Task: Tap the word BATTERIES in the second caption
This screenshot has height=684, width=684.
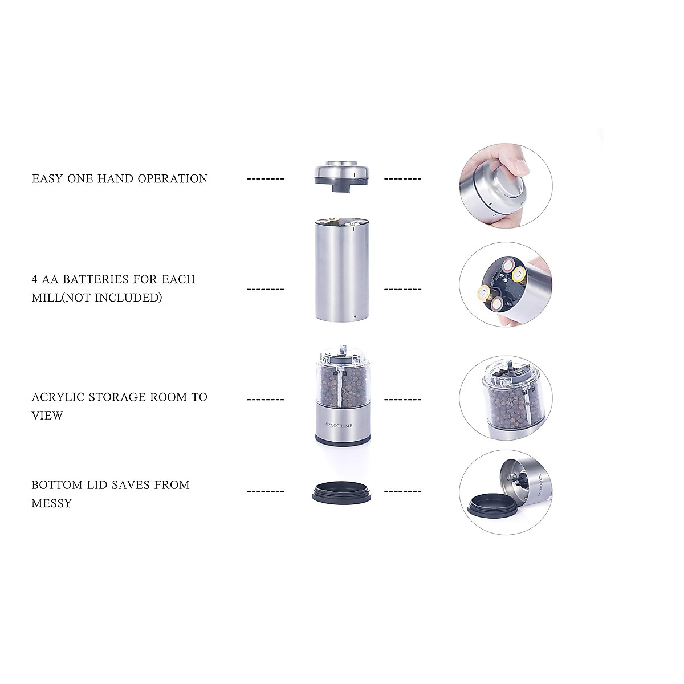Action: point(96,280)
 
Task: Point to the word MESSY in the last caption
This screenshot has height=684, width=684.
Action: point(52,503)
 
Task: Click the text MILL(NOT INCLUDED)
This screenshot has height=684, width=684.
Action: point(97,298)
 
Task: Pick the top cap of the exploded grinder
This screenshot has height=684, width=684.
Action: point(344,173)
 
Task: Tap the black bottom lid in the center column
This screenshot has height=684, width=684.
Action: point(344,492)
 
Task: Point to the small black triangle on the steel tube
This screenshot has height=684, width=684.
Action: point(355,316)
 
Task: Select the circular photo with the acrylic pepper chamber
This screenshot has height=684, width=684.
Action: point(506,399)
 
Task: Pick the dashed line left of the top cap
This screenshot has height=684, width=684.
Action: point(265,179)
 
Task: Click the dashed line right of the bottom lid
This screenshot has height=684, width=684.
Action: point(403,492)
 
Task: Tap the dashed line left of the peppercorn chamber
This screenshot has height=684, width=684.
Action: point(265,400)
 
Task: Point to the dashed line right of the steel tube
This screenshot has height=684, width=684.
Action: point(403,289)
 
